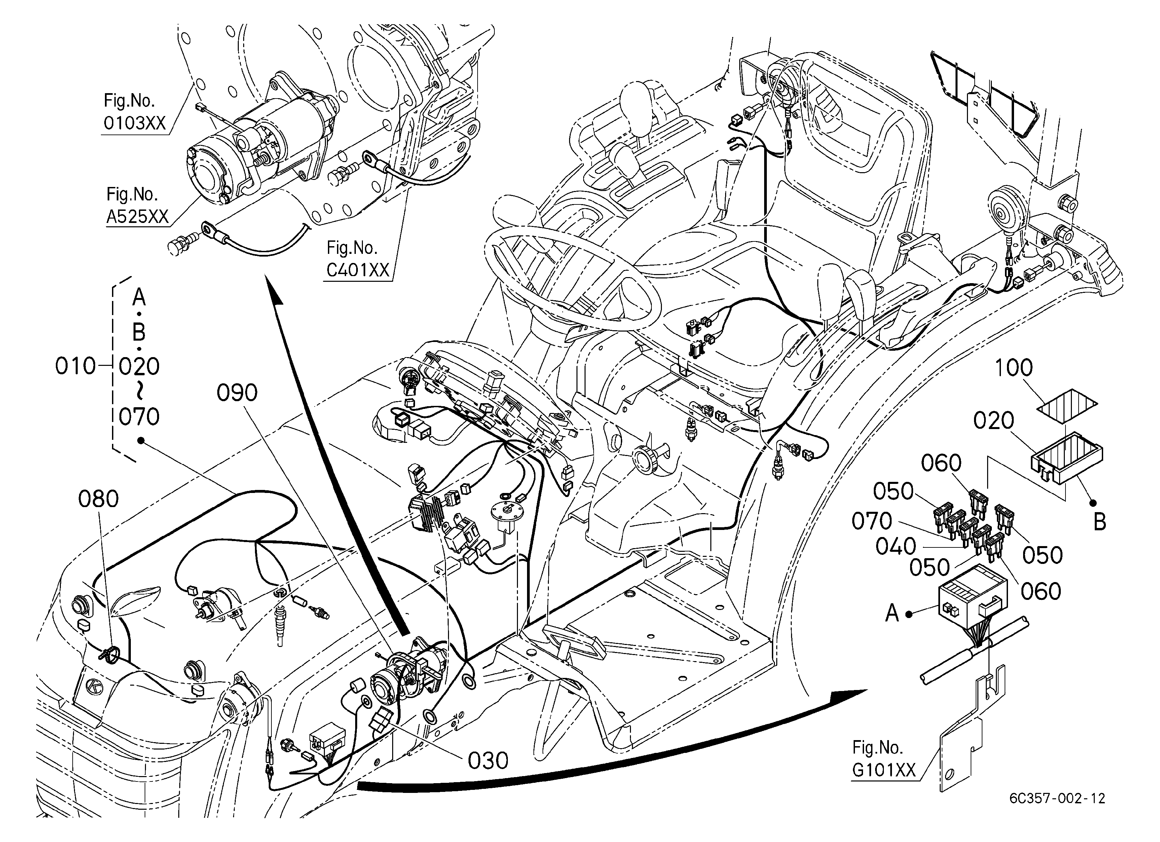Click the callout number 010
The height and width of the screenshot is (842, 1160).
click(x=76, y=367)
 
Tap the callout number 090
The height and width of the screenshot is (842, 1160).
click(x=237, y=393)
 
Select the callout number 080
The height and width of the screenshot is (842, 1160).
click(x=98, y=499)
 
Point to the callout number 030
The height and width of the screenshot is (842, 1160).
click(x=488, y=761)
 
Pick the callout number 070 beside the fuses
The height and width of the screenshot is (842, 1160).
click(x=871, y=522)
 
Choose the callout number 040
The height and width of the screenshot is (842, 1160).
click(x=896, y=546)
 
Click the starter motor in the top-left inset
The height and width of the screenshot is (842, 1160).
click(x=261, y=146)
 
